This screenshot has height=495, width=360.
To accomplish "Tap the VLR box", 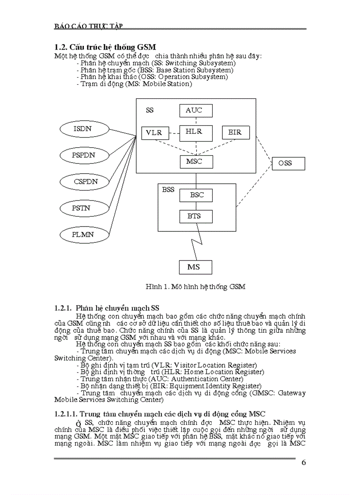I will [x=154, y=132].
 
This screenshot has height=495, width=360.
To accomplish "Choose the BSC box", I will [x=196, y=195].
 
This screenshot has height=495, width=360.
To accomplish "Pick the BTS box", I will [x=196, y=216].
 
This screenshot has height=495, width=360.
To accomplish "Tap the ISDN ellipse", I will [x=84, y=130].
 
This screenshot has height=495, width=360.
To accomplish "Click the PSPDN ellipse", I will [x=84, y=155].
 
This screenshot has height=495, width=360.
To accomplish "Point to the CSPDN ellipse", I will [x=86, y=181].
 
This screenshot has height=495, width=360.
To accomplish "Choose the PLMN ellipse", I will [x=83, y=234].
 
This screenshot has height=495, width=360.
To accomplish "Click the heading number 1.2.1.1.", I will [x=69, y=414].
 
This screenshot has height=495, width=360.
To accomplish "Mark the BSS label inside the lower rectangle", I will [x=168, y=190].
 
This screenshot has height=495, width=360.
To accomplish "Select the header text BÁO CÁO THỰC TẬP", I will [x=88, y=26].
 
